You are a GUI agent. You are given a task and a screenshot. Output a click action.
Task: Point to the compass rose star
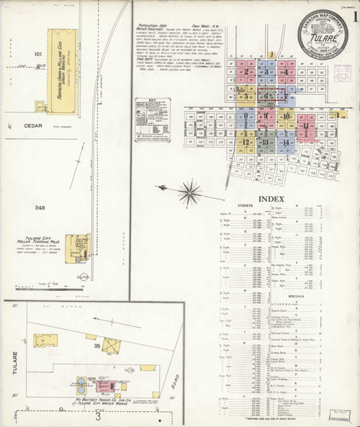(191, 190)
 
